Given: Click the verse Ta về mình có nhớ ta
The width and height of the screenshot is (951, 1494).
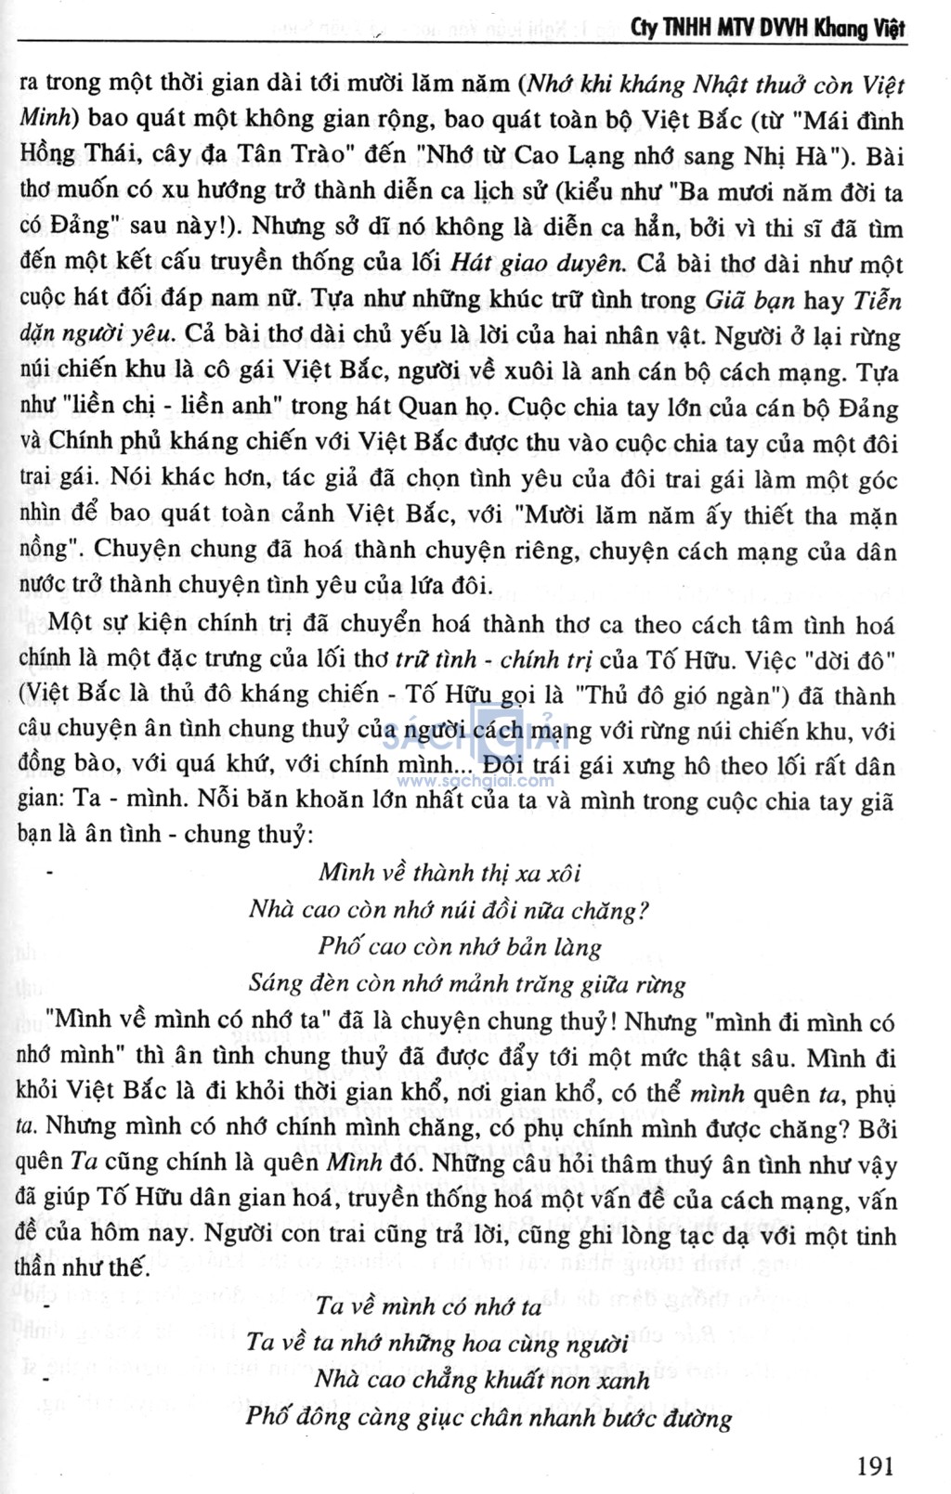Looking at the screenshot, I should pos(428,1306).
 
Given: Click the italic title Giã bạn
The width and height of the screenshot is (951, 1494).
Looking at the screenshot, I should pos(750,300).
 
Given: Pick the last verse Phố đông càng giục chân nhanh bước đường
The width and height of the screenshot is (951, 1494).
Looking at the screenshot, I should pos(489,1417).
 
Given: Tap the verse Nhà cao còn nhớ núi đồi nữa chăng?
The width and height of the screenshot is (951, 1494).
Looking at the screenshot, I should pos(449,909).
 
